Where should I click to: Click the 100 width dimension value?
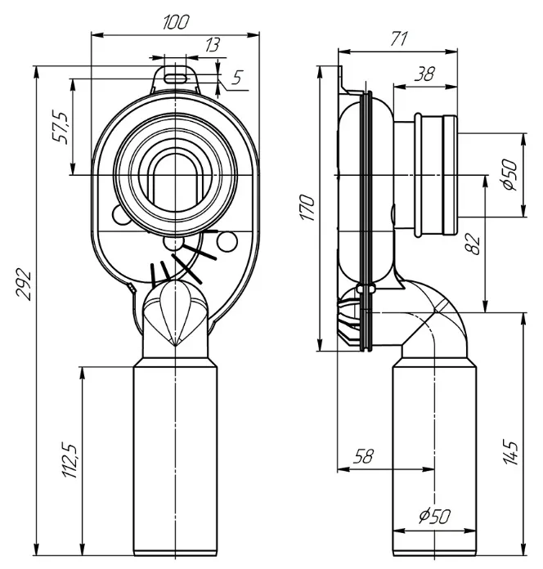pyautogui.click(x=176, y=22)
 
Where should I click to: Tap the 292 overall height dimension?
pyautogui.click(x=24, y=284)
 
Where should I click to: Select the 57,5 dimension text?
pyautogui.click(x=61, y=127)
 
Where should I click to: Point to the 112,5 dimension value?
pyautogui.click(x=70, y=460)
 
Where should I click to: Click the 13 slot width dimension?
pyautogui.click(x=213, y=45)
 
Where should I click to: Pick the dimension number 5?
pyautogui.click(x=237, y=77)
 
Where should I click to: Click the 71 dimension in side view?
pyautogui.click(x=399, y=38)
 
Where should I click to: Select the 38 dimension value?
pyautogui.click(x=424, y=74)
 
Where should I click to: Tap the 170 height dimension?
pyautogui.click(x=308, y=208)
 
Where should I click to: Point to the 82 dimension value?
pyautogui.click(x=473, y=244)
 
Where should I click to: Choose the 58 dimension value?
pyautogui.click(x=363, y=456)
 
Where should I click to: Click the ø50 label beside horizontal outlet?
pyautogui.click(x=510, y=175)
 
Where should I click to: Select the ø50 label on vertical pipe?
pyautogui.click(x=434, y=516)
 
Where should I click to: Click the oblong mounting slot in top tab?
pyautogui.click(x=177, y=78)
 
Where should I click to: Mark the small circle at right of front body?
pyautogui.click(x=227, y=241)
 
